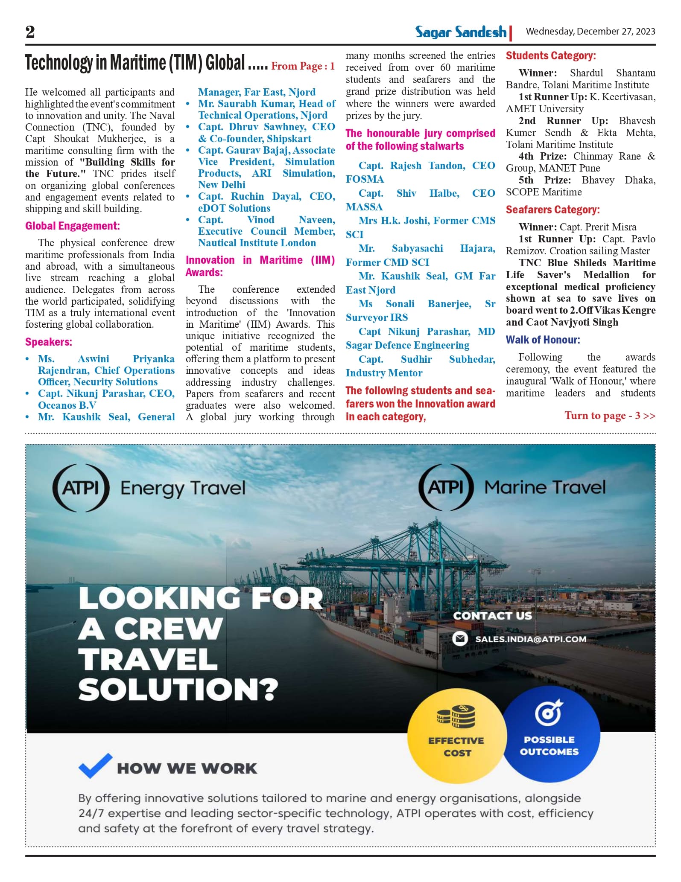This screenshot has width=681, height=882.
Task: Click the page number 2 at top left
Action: coord(30,32)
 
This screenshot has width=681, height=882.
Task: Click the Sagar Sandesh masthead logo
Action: coord(461,32)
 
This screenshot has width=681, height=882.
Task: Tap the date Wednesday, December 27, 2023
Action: coord(590,32)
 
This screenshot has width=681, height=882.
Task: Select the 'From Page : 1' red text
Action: coord(303,66)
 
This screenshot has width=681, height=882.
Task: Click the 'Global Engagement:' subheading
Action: coord(72,226)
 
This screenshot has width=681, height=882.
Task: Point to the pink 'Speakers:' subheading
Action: coord(49,342)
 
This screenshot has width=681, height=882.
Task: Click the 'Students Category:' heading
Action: coord(551,55)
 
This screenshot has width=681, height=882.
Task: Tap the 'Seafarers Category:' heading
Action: coord(552,210)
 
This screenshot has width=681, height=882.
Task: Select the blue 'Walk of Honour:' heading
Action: coord(543,340)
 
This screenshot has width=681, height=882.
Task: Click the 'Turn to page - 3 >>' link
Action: coord(609,416)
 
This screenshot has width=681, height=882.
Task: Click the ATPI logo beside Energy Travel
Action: coord(81,487)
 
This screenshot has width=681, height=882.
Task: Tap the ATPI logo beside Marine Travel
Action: coord(446,487)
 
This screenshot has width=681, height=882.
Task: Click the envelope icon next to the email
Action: coord(460,639)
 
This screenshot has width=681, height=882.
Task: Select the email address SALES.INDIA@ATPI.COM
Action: coord(530,639)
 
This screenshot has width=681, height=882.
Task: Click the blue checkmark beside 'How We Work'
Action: coord(95,766)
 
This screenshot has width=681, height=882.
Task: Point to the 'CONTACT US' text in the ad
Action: coord(492,616)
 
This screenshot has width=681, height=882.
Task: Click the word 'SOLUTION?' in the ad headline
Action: coord(178,690)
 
